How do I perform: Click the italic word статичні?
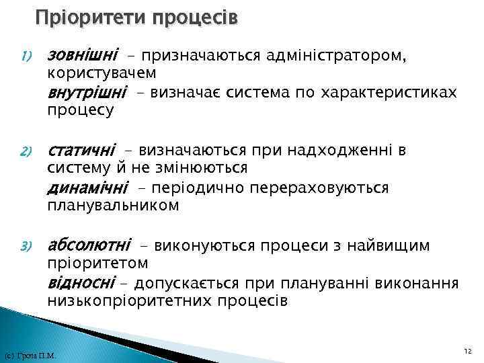coord(81,149)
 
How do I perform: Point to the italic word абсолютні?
coord(89,245)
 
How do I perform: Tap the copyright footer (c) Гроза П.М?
coord(30,356)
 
